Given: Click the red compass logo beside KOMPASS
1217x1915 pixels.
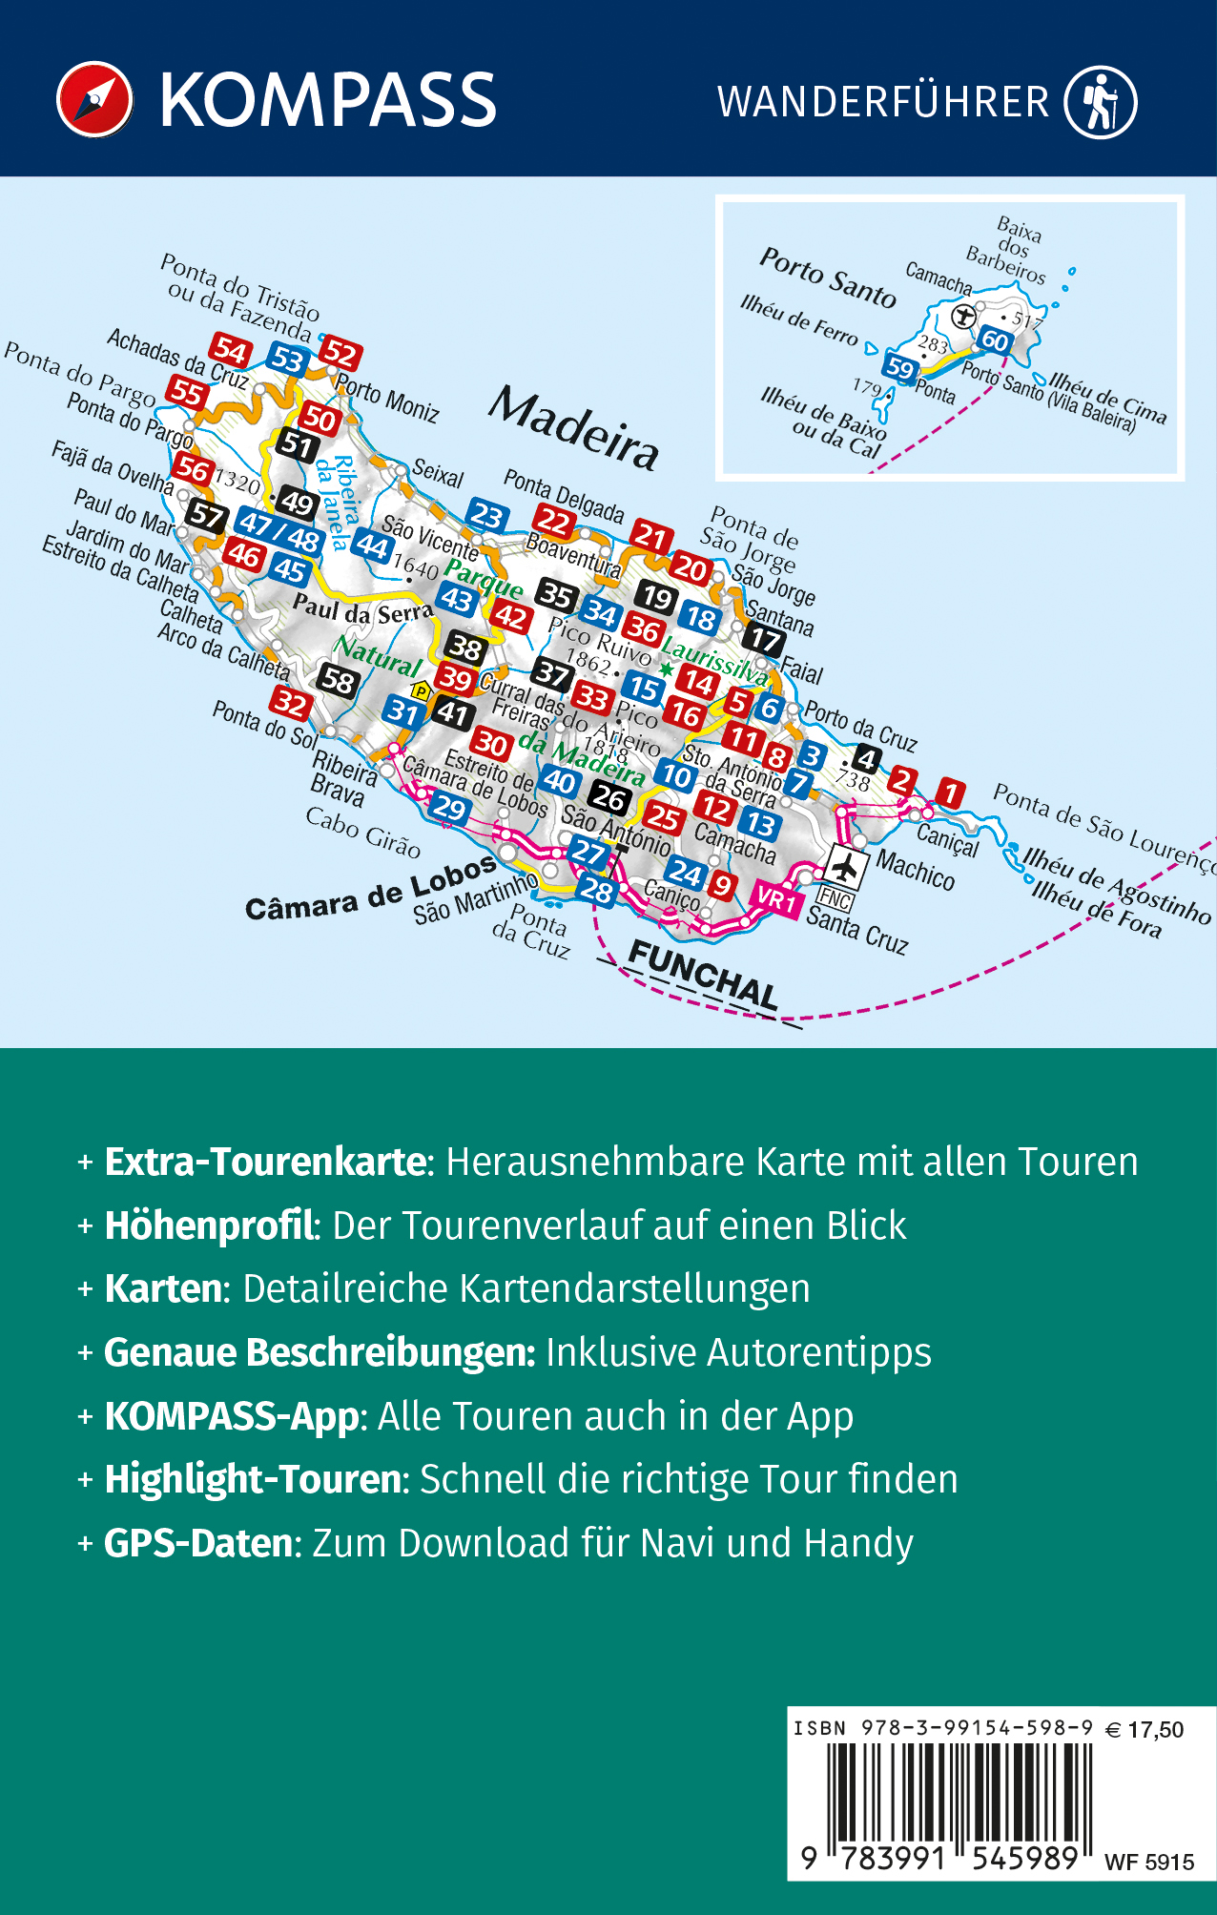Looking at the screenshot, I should (x=94, y=100).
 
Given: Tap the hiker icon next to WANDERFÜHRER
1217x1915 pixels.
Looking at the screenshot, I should (x=1101, y=101).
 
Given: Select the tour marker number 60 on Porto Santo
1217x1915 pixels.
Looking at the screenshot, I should (x=994, y=340).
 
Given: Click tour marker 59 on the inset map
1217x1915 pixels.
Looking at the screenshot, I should (x=899, y=367).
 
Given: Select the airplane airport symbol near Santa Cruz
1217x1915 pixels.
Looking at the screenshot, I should (x=844, y=867).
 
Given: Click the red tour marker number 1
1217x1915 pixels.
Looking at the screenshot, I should (x=949, y=792).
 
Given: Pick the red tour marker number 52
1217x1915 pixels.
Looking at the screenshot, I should (x=340, y=354).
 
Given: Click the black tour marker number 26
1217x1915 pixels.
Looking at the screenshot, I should (x=609, y=797).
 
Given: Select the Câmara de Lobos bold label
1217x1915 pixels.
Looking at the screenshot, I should (x=371, y=890).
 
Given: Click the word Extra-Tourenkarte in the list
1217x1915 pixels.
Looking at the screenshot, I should (x=265, y=1162).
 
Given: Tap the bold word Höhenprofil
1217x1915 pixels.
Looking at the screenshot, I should (x=209, y=1225).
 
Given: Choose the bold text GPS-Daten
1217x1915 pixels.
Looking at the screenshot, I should (x=201, y=1543).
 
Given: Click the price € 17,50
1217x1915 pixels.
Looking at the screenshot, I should (x=1145, y=1729).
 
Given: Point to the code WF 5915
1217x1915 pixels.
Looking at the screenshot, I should (x=1148, y=1862).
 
